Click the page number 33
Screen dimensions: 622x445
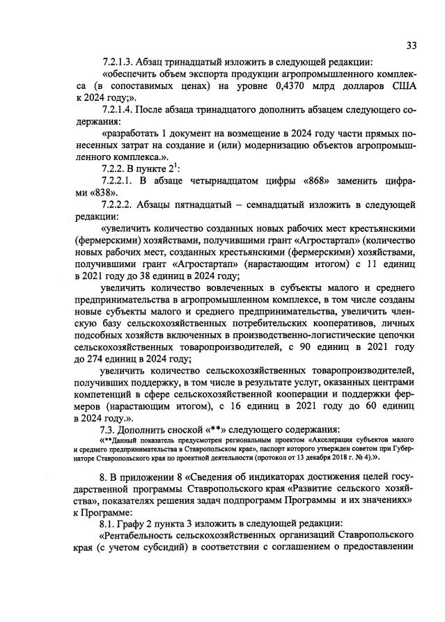[x=412, y=46]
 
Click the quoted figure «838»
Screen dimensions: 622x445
[x=104, y=193]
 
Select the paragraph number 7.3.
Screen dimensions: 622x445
[x=111, y=430]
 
